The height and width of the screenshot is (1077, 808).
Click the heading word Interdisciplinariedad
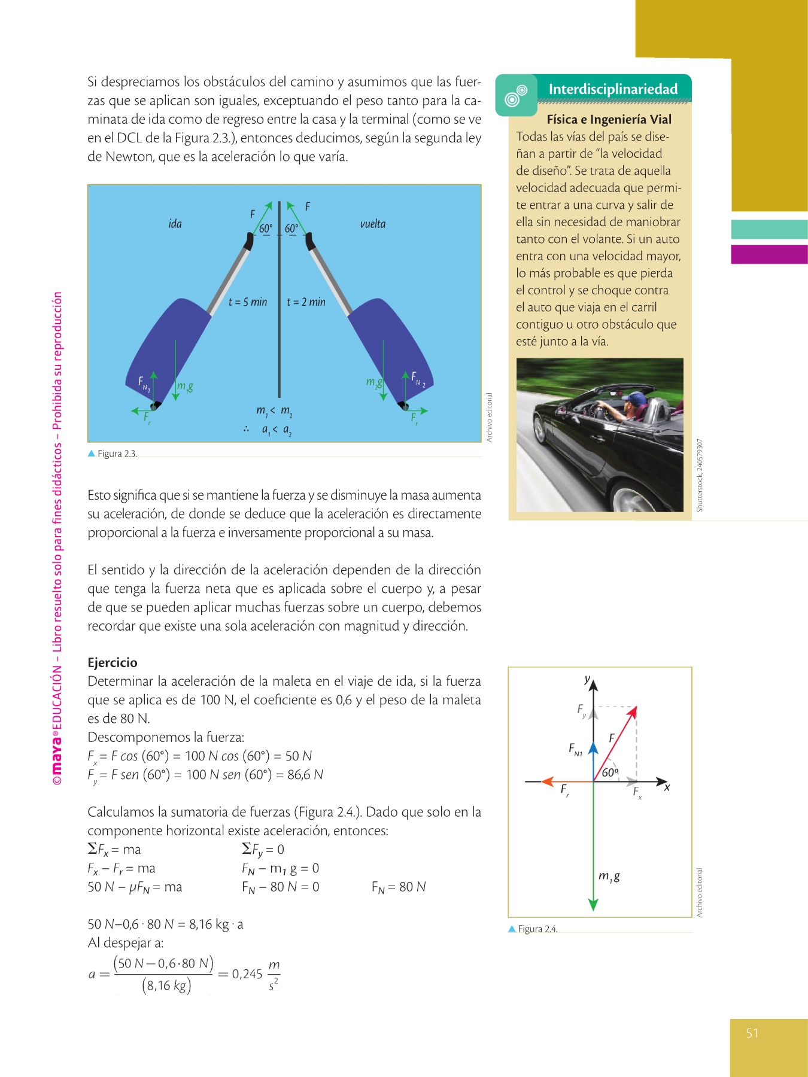613,89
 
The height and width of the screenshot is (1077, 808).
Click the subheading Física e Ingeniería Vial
609,119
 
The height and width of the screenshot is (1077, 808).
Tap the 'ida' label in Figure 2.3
175,224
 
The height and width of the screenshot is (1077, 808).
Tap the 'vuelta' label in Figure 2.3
372,224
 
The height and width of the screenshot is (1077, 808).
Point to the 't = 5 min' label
248,302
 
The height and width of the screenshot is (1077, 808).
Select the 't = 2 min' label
306,302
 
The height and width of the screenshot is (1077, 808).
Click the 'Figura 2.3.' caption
117,454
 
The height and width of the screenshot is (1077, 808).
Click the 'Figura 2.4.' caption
537,929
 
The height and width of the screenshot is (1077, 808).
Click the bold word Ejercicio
113,662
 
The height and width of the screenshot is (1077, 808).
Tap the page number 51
752,1033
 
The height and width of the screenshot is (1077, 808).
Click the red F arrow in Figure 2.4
616,742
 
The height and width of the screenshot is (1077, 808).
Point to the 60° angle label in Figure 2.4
609,772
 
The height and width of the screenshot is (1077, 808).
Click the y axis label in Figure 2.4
587,680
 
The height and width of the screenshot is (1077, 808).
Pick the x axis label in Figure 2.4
667,787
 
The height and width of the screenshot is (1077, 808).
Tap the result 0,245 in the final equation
247,974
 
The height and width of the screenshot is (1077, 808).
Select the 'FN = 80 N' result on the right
399,887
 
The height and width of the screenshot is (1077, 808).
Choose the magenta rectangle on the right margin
769,254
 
